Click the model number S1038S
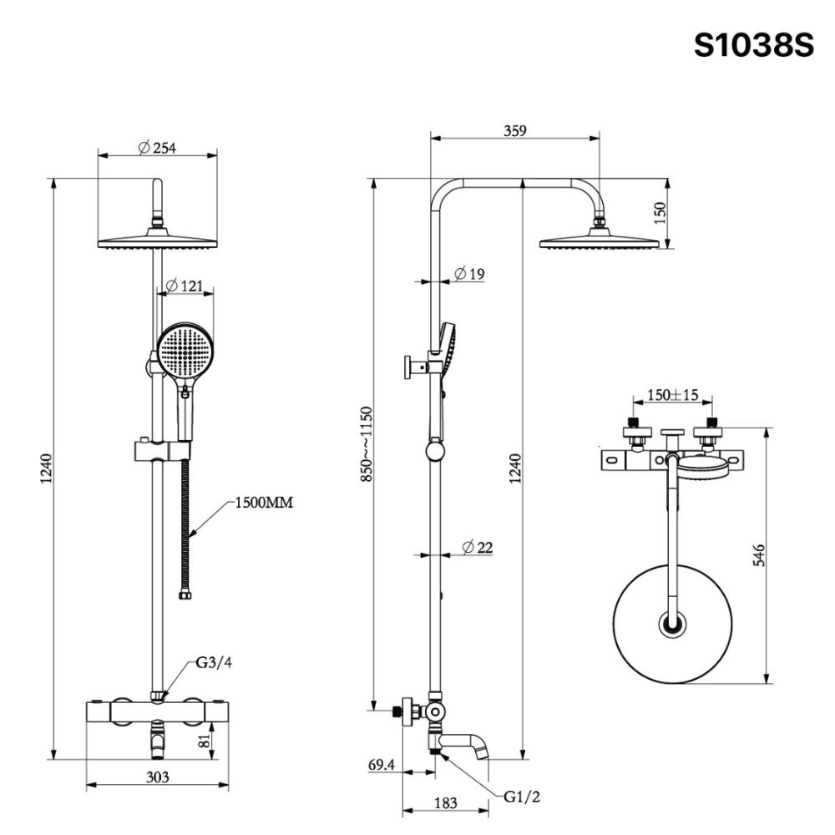pos(753,45)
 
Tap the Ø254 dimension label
pos(158,148)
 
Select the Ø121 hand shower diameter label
pos(185,286)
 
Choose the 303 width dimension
pos(158,777)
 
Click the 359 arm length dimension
pos(515,130)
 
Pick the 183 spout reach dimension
pos(446,802)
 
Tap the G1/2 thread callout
pos(523,797)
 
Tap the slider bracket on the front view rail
pos(158,452)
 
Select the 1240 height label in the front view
pos(46,472)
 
